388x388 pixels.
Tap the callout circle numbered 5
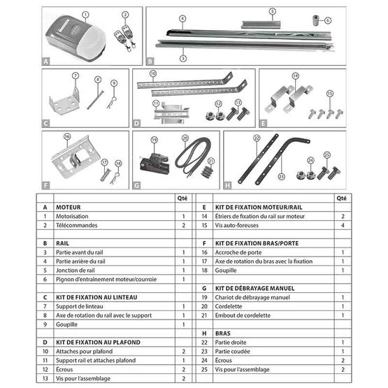click(x=272, y=11)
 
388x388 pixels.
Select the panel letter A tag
click(x=46, y=61)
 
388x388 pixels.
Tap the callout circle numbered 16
click(x=67, y=137)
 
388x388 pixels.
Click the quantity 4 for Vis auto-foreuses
click(x=343, y=226)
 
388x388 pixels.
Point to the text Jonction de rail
click(x=76, y=270)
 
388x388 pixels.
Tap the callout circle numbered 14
click(x=294, y=76)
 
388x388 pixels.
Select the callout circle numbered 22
click(x=257, y=138)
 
